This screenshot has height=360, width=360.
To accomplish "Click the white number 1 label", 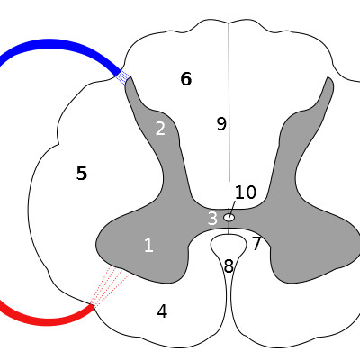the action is tap(148, 245).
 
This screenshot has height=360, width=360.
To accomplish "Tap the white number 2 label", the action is tap(160, 129).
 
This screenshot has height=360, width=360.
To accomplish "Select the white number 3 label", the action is tap(212, 219).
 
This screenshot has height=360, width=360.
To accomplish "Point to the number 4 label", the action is tap(162, 311).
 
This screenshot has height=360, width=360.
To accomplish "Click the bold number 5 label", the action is tap(82, 173).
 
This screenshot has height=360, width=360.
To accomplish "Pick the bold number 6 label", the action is tap(186, 79).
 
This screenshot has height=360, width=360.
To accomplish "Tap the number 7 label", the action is tap(256, 244).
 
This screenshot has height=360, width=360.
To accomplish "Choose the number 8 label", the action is tap(229, 265).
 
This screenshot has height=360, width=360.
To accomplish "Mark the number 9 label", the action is tap(221, 123).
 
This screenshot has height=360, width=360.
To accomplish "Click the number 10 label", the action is tap(246, 193).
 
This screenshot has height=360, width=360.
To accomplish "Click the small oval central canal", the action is tap(229, 218).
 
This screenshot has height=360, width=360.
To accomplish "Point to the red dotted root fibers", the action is tap(110, 285).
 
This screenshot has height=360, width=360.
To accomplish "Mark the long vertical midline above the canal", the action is tap(229, 102).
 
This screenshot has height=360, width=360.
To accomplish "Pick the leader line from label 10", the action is tap(232, 208).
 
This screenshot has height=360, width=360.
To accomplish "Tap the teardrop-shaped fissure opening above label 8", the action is tap(229, 244).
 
